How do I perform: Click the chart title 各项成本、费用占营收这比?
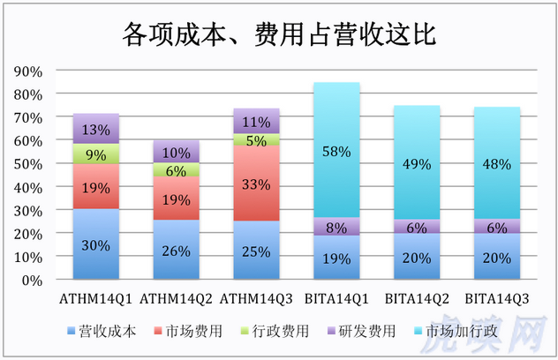pyautogui.click(x=278, y=35)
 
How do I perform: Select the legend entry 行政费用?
pyautogui.click(x=280, y=332)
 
